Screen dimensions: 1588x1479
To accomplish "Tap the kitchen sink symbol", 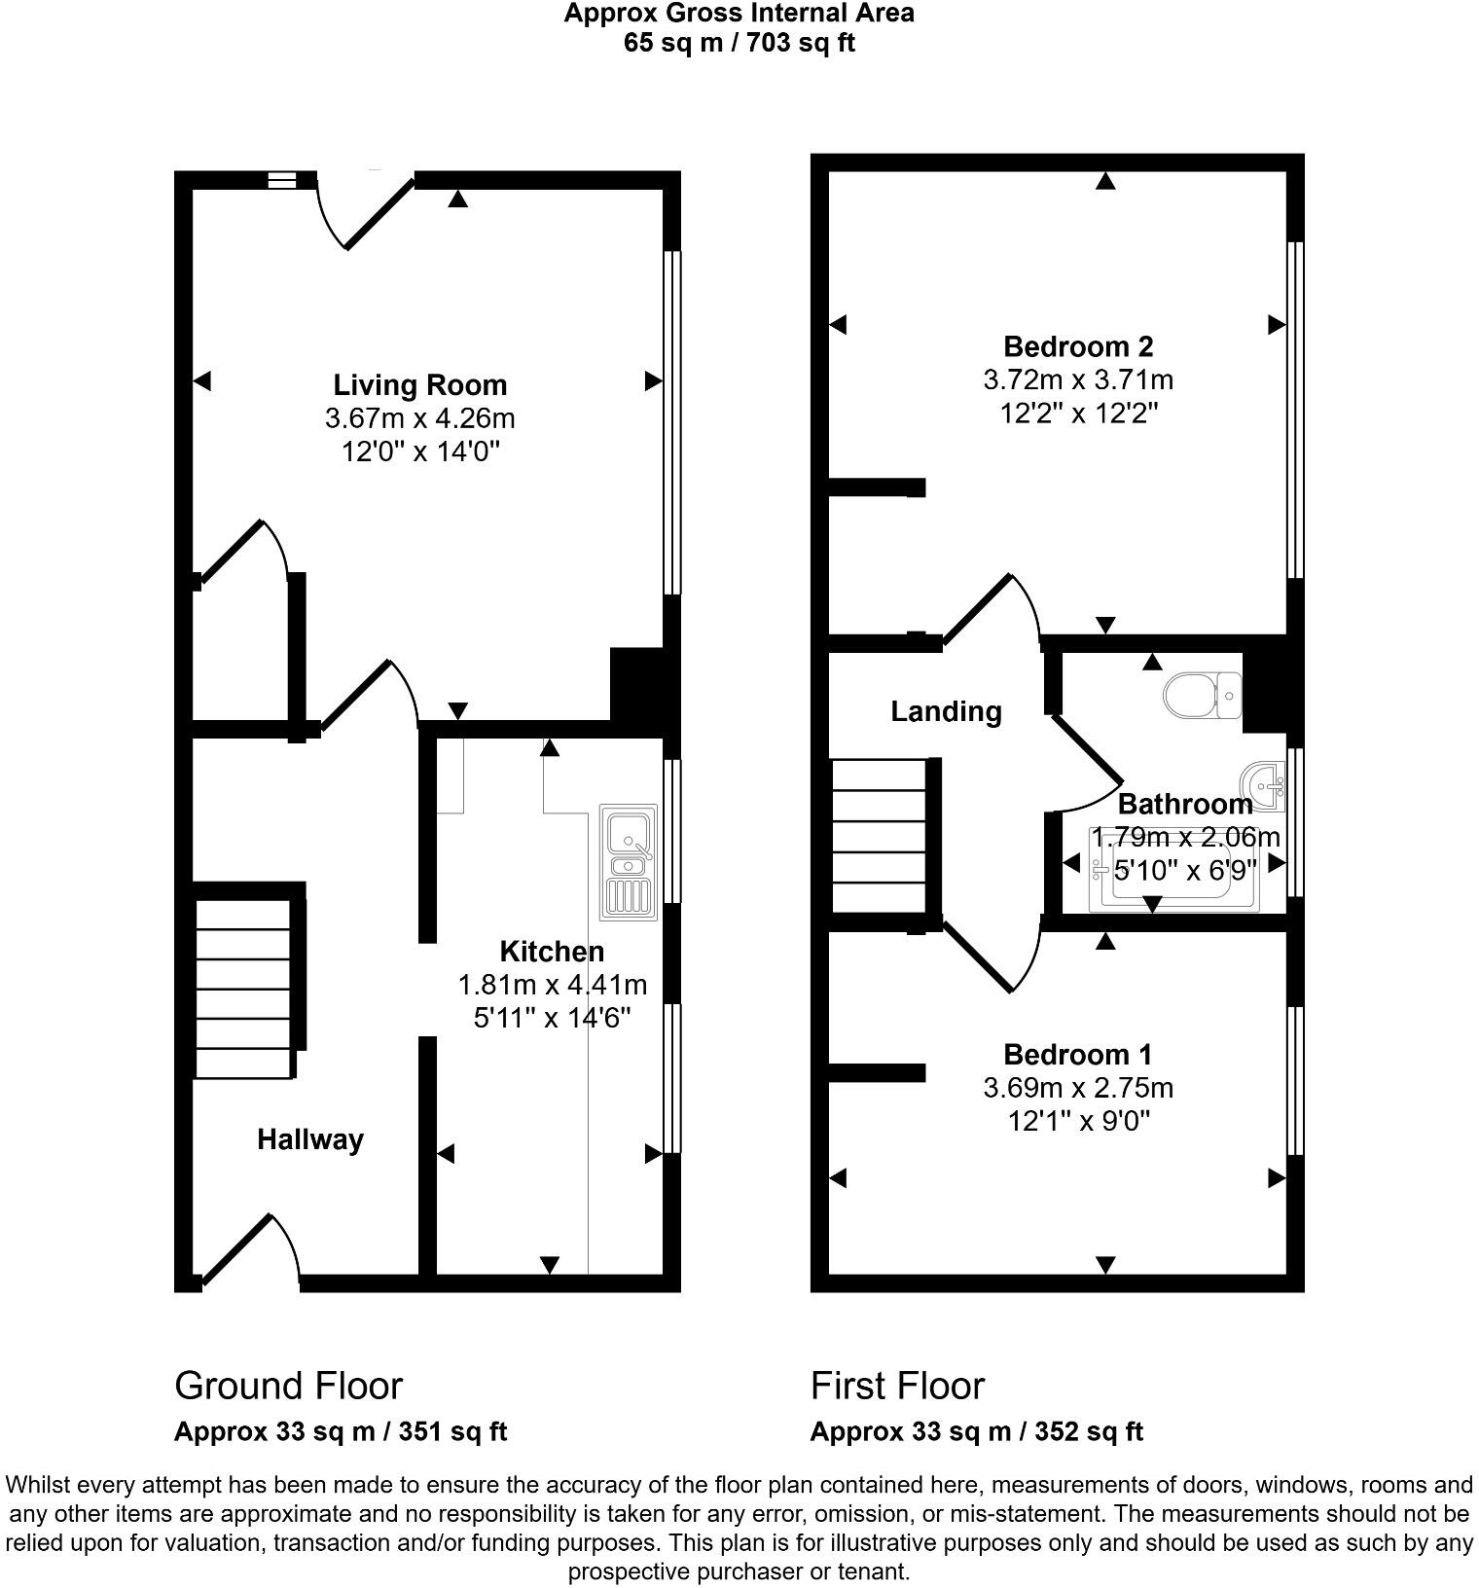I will pyautogui.click(x=628, y=862).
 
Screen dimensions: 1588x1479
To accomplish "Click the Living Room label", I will pyautogui.click(x=419, y=385).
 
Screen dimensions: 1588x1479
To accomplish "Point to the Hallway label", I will pyautogui.click(x=310, y=1139).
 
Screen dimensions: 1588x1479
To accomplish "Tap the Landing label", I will pyautogui.click(x=946, y=711).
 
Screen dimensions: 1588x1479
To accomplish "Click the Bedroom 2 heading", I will pyautogui.click(x=1078, y=346).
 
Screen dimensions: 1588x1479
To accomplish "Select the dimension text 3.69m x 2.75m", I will pyautogui.click(x=1078, y=1088).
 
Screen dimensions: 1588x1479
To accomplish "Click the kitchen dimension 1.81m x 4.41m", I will pyautogui.click(x=552, y=985).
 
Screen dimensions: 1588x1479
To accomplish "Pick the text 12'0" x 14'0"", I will pyautogui.click(x=419, y=451).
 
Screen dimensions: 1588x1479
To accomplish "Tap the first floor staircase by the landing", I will pyautogui.click(x=879, y=836).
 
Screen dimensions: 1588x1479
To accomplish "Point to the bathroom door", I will pyautogui.click(x=1088, y=769).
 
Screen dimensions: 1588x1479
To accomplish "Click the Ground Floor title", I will pyautogui.click(x=288, y=1386).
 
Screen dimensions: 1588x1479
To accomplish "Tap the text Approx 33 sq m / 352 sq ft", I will pyautogui.click(x=976, y=1431).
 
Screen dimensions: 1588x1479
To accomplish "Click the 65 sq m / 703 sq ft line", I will pyautogui.click(x=739, y=43).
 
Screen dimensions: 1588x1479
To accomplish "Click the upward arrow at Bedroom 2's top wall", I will pyautogui.click(x=1104, y=181).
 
